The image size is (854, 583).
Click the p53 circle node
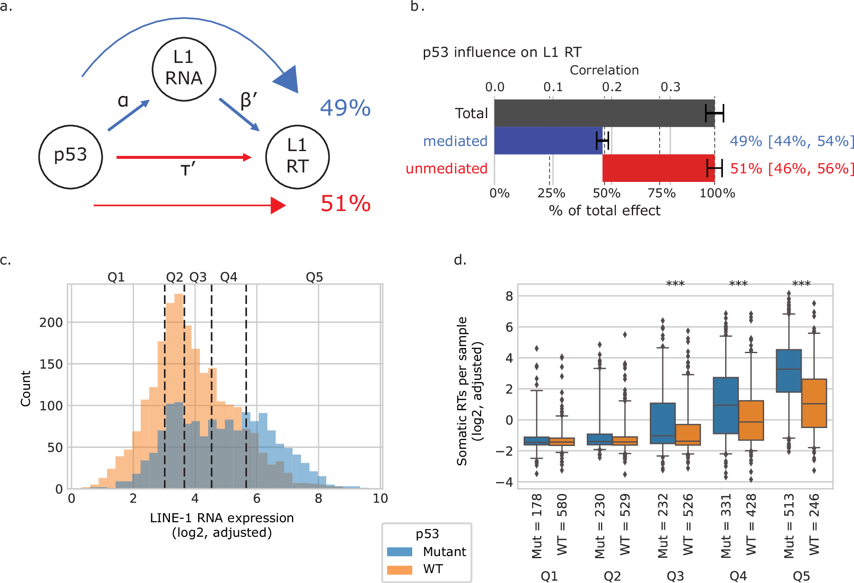tap(71, 157)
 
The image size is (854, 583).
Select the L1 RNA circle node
tap(184, 69)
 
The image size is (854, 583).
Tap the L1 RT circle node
tap(297, 157)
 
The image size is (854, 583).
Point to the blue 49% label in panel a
tap(345, 108)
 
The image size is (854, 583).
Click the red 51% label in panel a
tap(345, 204)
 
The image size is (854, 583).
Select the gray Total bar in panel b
tap(604, 113)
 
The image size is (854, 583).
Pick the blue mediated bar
tap(548, 141)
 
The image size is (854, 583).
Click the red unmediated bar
tap(658, 168)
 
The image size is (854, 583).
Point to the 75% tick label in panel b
tap(661, 193)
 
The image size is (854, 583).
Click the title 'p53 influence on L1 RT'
tap(502, 52)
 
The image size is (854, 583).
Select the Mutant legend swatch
tap(399, 552)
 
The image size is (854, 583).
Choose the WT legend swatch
tap(399, 570)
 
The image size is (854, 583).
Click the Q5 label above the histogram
tap(314, 277)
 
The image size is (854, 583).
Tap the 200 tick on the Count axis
tap(51, 322)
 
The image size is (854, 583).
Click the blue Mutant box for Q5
tap(789, 371)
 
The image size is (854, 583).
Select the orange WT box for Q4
tap(751, 420)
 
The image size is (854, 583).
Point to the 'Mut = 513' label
tap(789, 526)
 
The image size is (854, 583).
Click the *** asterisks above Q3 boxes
tap(675, 284)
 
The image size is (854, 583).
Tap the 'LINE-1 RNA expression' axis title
tap(222, 518)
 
